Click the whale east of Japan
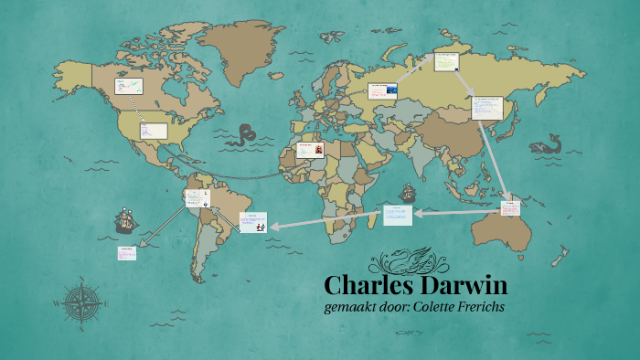coord(547,144)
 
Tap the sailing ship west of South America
coord(126,220)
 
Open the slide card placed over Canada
coord(128,87)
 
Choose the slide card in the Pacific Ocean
coord(126,253)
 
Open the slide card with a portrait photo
coord(309,149)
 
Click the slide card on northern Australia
coord(510,208)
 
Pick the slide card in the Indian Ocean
coord(398,215)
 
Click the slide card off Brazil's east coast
coord(252,221)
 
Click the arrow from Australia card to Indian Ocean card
coord(457,213)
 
